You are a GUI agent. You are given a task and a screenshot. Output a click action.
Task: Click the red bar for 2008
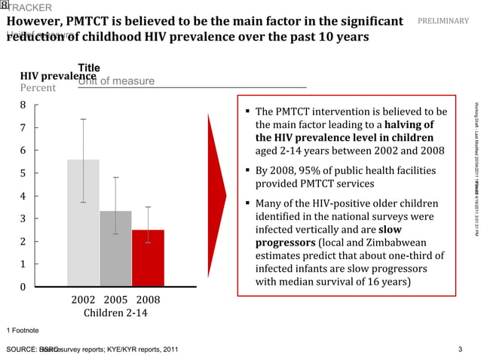click(148, 258)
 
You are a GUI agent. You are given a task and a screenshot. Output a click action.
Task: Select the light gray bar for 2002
click(83, 222)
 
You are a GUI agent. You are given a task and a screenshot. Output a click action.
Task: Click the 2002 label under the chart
click(83, 300)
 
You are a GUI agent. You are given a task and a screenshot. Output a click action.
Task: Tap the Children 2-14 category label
click(115, 313)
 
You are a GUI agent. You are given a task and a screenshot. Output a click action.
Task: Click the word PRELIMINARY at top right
click(443, 21)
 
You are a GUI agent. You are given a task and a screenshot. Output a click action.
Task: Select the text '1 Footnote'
click(23, 331)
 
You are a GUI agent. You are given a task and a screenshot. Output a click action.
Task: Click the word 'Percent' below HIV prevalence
click(38, 88)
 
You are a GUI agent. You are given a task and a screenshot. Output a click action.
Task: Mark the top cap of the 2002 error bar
click(83, 119)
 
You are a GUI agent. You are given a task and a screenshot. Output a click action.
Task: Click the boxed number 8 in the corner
click(5, 5)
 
